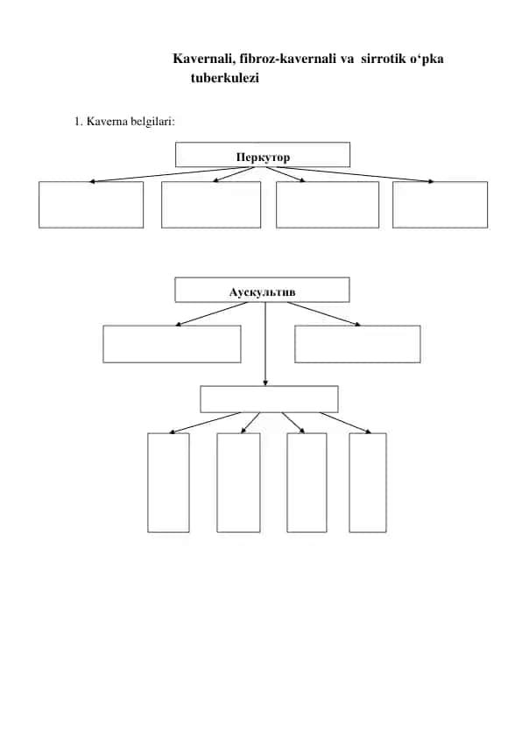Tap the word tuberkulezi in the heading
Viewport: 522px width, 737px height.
pyautogui.click(x=225, y=78)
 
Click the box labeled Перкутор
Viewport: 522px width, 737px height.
pyautogui.click(x=263, y=155)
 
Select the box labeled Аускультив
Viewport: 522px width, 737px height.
pyautogui.click(x=262, y=290)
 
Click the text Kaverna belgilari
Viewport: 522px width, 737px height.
pyautogui.click(x=130, y=122)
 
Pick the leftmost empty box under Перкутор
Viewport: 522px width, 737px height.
pyautogui.click(x=91, y=205)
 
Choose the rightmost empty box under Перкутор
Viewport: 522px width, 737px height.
pyautogui.click(x=440, y=205)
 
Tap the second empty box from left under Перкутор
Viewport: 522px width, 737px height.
pyautogui.click(x=211, y=205)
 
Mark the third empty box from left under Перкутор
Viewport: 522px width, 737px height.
pyautogui.click(x=328, y=205)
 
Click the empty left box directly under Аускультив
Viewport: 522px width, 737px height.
pyautogui.click(x=172, y=344)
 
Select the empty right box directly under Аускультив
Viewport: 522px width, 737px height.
pyautogui.click(x=357, y=344)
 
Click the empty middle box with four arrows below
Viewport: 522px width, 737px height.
pyautogui.click(x=269, y=399)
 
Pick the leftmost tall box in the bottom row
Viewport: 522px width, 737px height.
pyautogui.click(x=168, y=482)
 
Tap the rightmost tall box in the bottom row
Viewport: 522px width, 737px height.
pyautogui.click(x=368, y=482)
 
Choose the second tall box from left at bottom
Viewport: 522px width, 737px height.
pyautogui.click(x=238, y=482)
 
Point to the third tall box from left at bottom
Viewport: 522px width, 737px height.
pyautogui.click(x=307, y=482)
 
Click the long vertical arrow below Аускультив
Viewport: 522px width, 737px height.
pyautogui.click(x=265, y=344)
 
